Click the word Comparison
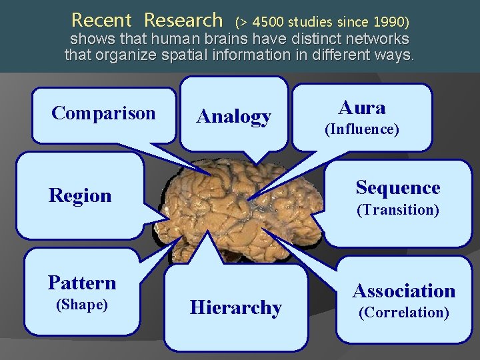[103, 113]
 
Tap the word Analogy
[233, 117]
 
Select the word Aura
[362, 107]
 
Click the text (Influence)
[362, 129]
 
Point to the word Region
[80, 196]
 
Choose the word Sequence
[398, 188]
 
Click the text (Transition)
[398, 210]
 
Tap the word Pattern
[82, 283]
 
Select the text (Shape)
[82, 304]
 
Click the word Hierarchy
[236, 308]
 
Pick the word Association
[404, 291]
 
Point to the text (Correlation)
[404, 312]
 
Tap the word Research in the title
[183, 19]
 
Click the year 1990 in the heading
[385, 21]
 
